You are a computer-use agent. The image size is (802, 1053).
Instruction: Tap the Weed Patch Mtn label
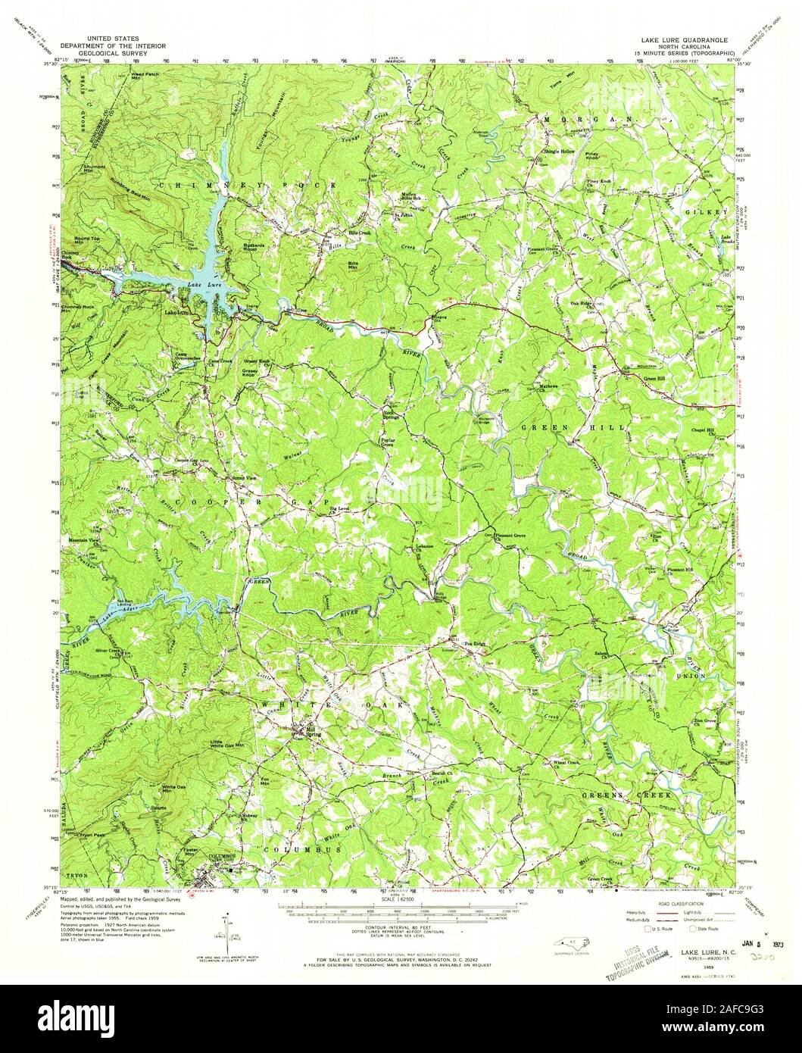[x=145, y=76]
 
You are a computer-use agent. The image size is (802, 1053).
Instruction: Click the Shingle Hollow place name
[x=558, y=152]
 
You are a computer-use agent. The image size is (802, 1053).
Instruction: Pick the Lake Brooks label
[x=726, y=239]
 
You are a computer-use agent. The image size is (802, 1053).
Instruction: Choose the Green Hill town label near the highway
[x=641, y=370]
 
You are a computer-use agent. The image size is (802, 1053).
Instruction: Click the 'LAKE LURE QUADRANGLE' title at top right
[x=694, y=37]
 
